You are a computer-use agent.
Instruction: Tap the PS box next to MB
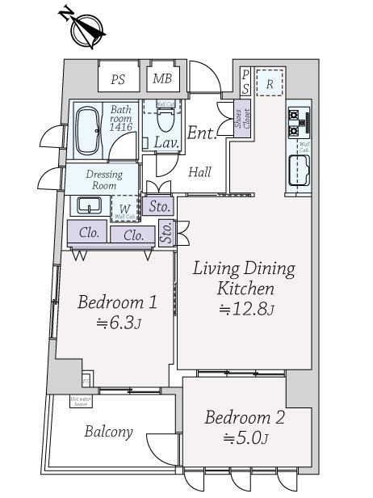click(x=119, y=79)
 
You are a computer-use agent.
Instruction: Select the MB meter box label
click(x=163, y=79)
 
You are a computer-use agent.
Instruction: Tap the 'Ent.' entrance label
click(x=203, y=133)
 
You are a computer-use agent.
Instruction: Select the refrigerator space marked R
click(x=270, y=83)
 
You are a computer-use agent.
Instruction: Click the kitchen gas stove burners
click(x=295, y=122)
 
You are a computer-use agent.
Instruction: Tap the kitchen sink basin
click(x=300, y=171)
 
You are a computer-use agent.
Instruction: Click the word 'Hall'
click(x=199, y=172)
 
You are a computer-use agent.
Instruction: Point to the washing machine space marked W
click(x=123, y=207)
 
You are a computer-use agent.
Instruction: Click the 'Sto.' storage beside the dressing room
click(x=159, y=206)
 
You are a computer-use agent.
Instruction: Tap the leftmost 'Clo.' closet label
click(x=89, y=233)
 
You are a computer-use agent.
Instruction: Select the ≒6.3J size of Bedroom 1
click(x=115, y=324)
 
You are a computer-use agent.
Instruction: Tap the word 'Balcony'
click(x=108, y=432)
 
